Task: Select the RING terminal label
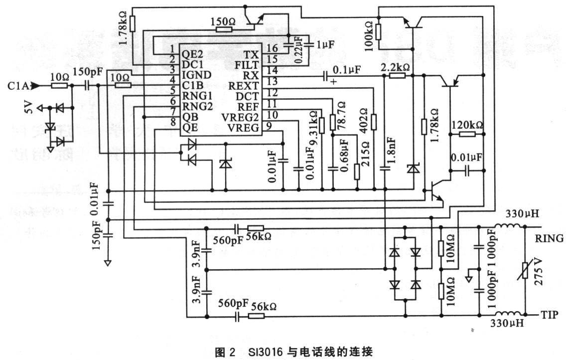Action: (550, 239)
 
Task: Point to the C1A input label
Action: (16, 86)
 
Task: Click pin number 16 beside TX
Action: (272, 48)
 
